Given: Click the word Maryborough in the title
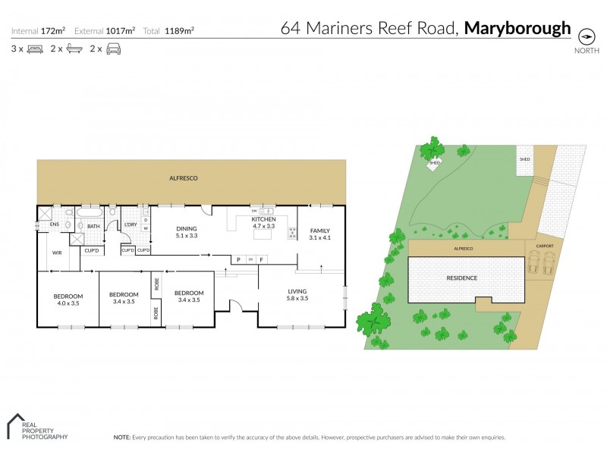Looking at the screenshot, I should point(517,29).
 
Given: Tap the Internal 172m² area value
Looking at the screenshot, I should point(52,31).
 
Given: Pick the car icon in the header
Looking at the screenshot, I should point(114,49).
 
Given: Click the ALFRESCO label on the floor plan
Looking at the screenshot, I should point(184,177).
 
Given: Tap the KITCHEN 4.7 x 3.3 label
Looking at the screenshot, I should point(263,222).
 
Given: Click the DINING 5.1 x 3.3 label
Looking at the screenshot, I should point(187,232).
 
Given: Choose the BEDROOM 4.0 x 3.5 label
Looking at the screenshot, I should point(68,299).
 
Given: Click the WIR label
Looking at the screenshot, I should point(56,253).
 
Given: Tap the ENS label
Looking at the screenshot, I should point(55,224).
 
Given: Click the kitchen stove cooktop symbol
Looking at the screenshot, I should point(291,234).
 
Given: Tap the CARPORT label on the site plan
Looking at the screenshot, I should point(544,246).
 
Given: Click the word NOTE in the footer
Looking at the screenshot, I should point(121,438).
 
